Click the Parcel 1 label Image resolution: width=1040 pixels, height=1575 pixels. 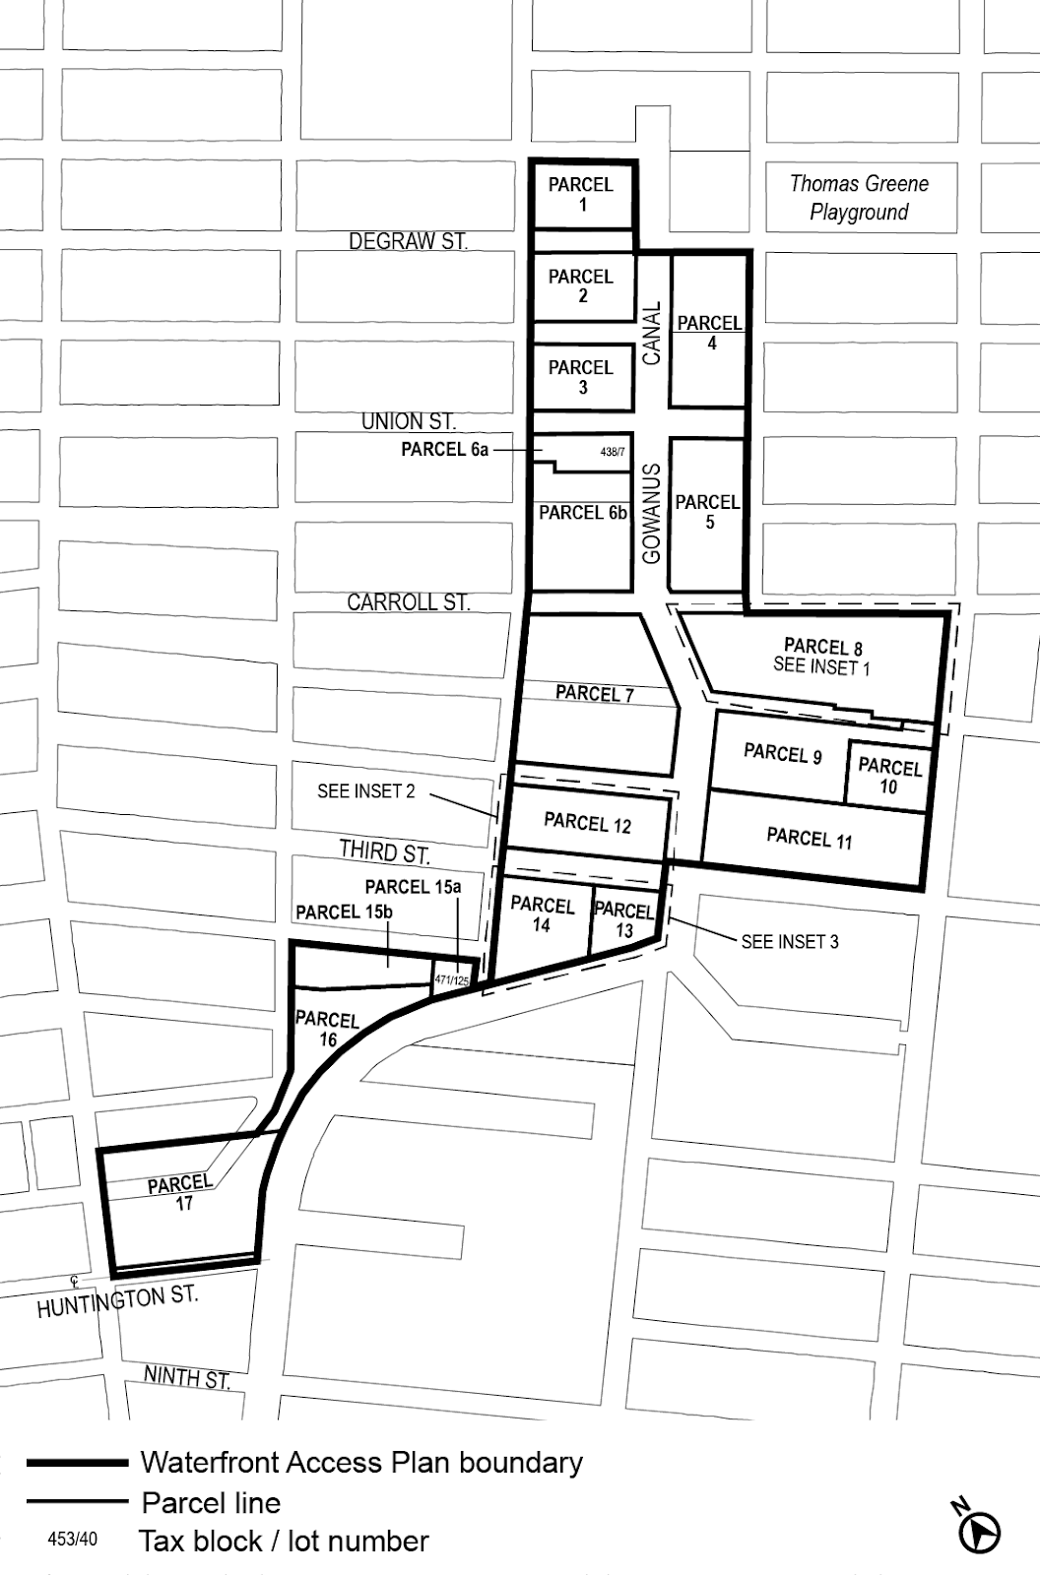[581, 194]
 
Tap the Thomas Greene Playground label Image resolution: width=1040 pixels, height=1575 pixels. [859, 197]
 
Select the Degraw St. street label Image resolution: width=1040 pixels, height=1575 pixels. [408, 241]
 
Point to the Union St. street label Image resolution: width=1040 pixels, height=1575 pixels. [408, 421]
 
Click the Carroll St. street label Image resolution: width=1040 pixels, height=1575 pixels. [408, 602]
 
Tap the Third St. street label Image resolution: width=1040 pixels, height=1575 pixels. [384, 851]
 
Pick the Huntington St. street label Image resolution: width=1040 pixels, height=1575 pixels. [117, 1301]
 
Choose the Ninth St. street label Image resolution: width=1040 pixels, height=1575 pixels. [187, 1378]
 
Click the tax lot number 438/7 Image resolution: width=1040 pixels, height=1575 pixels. [612, 452]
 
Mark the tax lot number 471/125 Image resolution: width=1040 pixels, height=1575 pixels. [452, 980]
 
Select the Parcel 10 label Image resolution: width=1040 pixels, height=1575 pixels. [889, 776]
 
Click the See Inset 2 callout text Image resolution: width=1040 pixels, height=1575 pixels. [365, 791]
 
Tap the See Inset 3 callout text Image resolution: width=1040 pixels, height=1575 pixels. [790, 942]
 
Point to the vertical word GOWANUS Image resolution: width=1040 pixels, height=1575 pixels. [651, 514]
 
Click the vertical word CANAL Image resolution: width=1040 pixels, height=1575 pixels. [651, 334]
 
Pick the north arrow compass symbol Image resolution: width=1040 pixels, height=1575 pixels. [979, 1530]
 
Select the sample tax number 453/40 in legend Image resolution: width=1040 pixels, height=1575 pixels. [73, 1540]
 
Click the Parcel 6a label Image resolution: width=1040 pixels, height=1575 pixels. [444, 450]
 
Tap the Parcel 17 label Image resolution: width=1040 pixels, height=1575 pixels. [181, 1192]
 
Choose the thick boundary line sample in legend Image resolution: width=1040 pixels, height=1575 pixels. [78, 1463]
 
